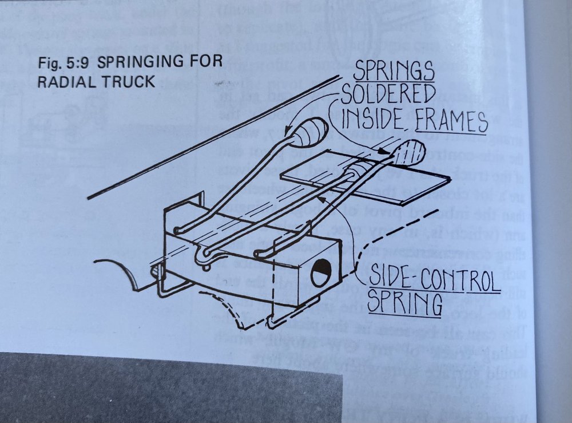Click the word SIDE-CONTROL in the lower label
coord(433,279)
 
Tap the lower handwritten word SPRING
coord(404,303)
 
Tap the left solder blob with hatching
coord(309,135)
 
